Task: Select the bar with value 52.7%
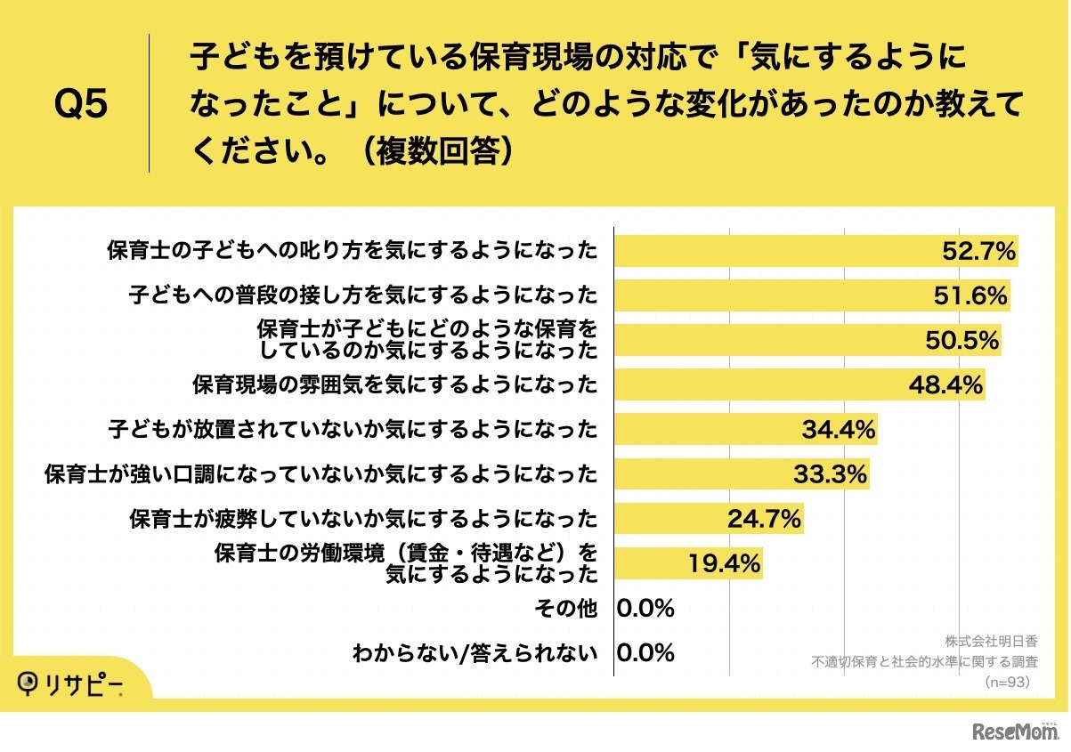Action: coord(775,252)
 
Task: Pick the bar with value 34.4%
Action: coord(703,430)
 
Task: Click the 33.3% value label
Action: coord(830,474)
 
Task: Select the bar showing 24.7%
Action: coord(668,519)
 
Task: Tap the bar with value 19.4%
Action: coord(650,563)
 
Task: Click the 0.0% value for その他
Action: coord(645,609)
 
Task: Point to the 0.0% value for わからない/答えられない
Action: coord(645,653)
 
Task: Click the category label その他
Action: coord(564,609)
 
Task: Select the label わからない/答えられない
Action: coord(474,653)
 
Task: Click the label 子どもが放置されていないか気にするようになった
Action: coord(352,430)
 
